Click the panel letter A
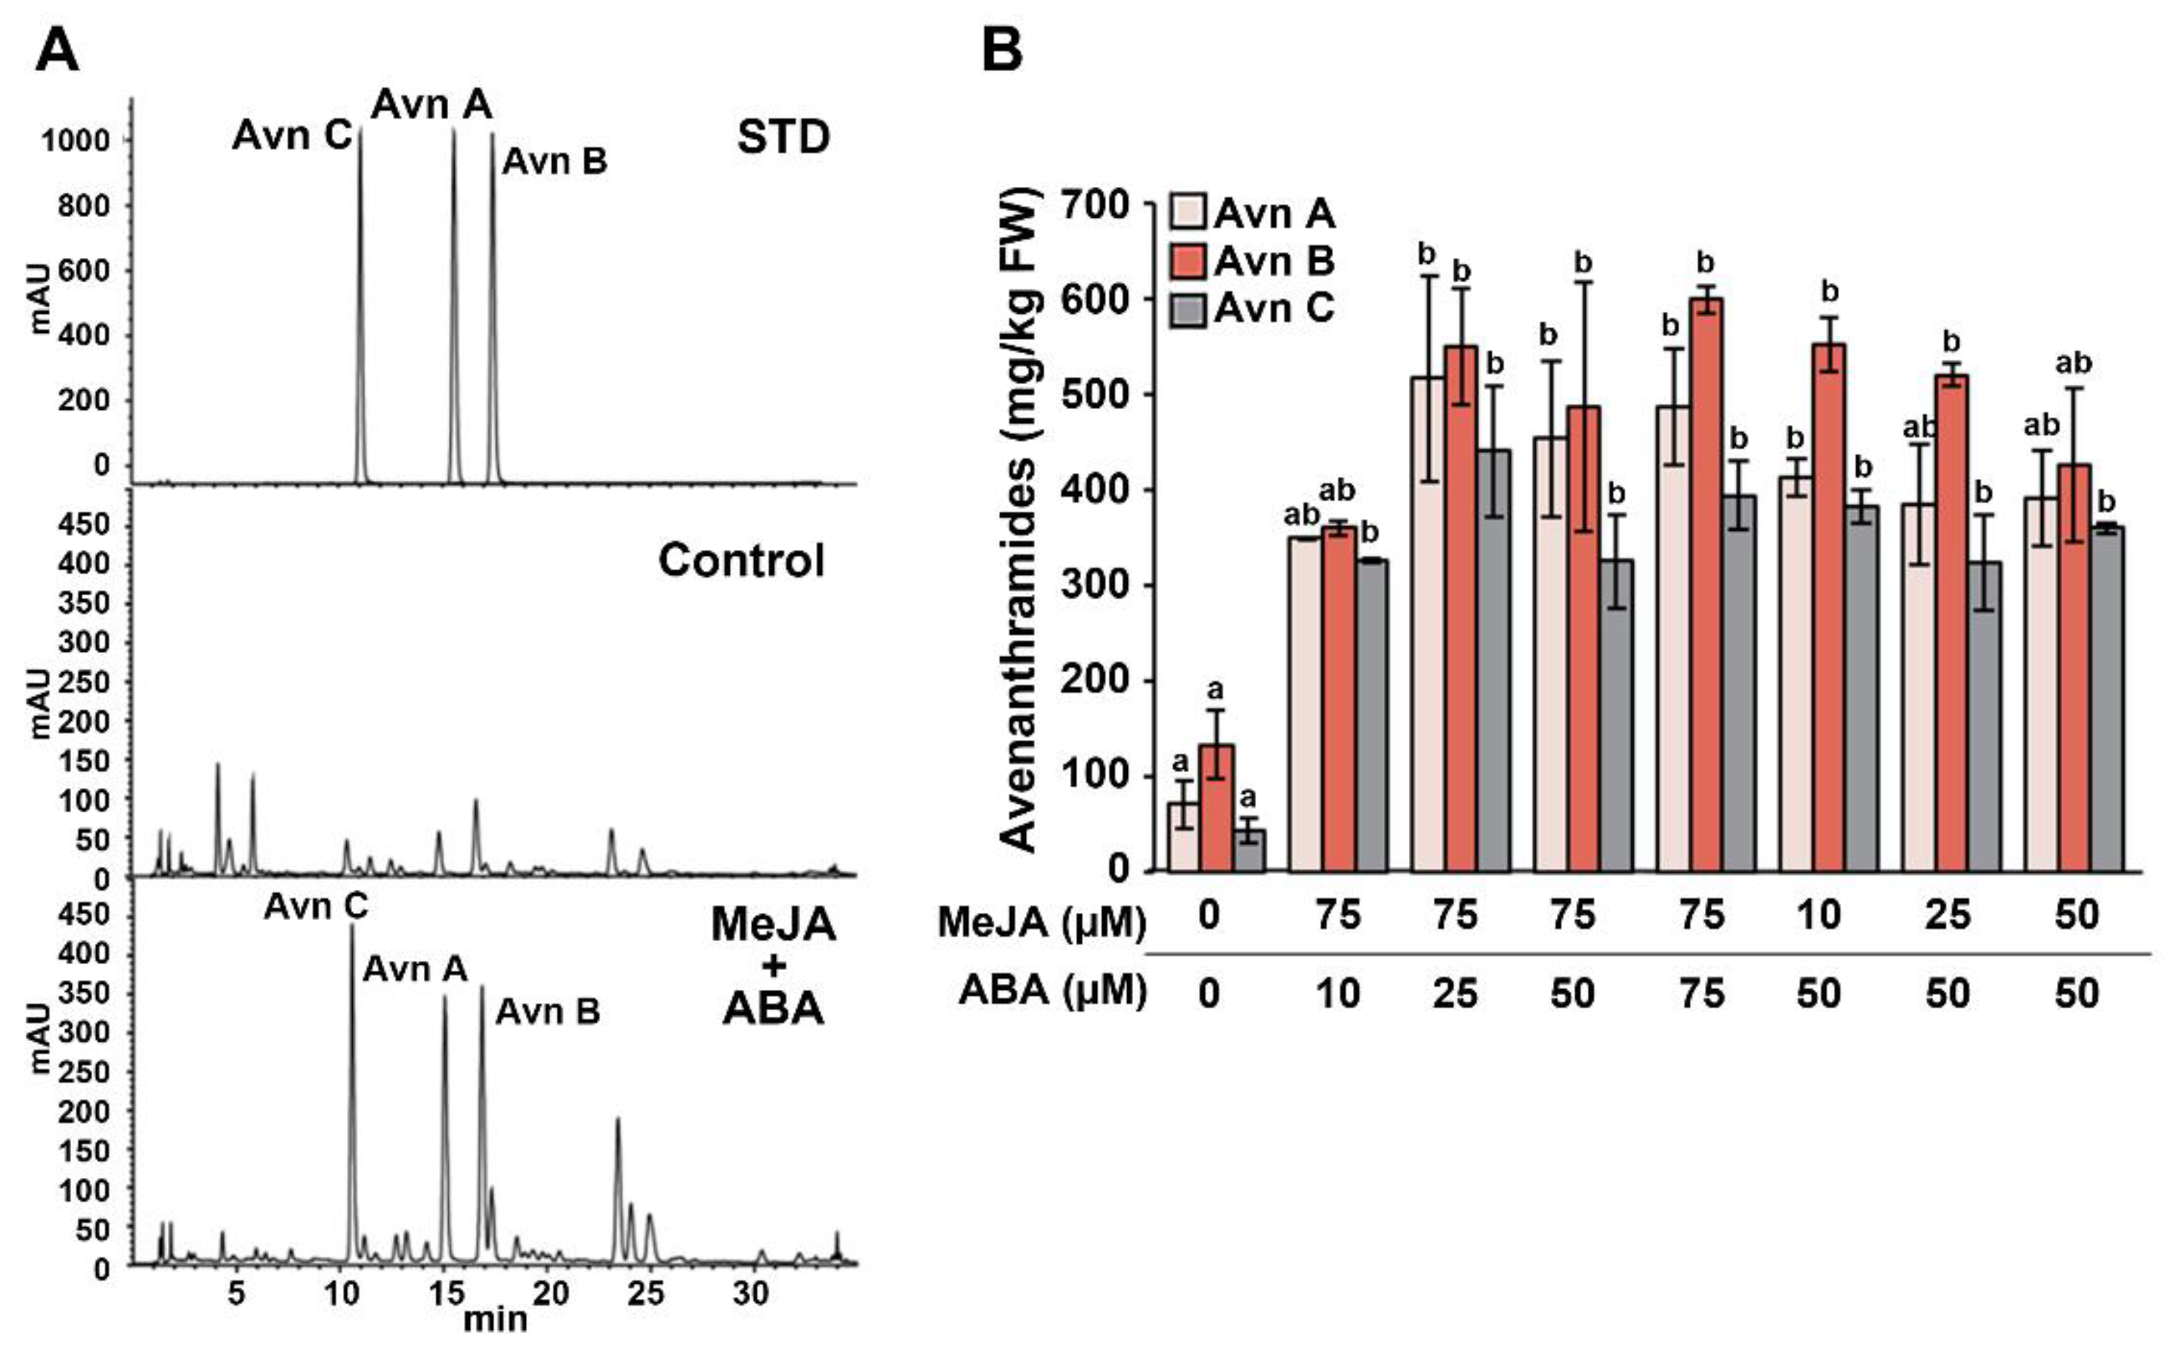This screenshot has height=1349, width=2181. pos(57,52)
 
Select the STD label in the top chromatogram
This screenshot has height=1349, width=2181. pos(783,136)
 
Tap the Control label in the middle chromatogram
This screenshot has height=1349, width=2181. pos(741,560)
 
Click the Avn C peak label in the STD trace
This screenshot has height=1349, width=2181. pos(292,136)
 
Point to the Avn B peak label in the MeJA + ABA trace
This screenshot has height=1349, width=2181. pos(548,1011)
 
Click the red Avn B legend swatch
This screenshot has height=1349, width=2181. pos(1189,262)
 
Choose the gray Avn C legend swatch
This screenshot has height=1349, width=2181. pos(1189,309)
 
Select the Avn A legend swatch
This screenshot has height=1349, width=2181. pos(1189,214)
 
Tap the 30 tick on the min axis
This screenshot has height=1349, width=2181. pos(750,1293)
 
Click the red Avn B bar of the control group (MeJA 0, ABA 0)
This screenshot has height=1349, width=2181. pos(1217,807)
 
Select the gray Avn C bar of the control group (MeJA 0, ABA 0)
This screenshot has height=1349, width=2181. pos(1248,850)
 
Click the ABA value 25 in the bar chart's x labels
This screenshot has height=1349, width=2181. pos(1456,993)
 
